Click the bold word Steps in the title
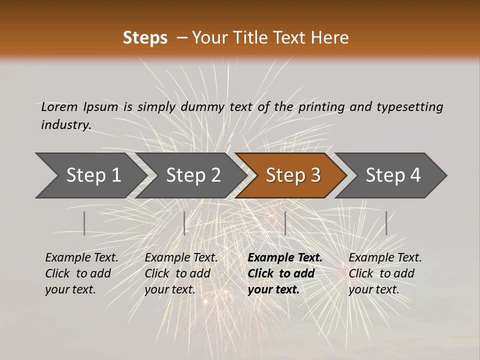(145, 38)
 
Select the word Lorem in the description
(59, 106)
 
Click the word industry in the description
(65, 124)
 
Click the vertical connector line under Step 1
(84, 223)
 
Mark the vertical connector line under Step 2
(184, 223)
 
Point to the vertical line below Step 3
(285, 223)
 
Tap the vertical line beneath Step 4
(386, 223)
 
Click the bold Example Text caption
(284, 273)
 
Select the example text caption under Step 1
(81, 273)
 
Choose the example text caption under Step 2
(181, 273)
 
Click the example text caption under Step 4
(384, 273)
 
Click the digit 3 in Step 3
(315, 175)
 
